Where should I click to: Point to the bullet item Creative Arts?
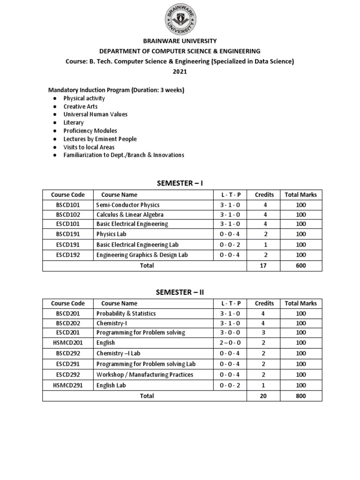(81, 106)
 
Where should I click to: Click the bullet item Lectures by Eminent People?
(100, 139)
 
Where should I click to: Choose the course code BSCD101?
(68, 205)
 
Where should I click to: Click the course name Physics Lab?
(112, 234)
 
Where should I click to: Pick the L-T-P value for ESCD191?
(230, 245)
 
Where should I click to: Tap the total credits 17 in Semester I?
(264, 266)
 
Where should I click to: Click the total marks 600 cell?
(301, 266)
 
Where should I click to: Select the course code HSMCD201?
(68, 343)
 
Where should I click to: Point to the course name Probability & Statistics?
(126, 314)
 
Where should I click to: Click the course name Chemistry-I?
(111, 323)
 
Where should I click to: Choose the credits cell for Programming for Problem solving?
(264, 333)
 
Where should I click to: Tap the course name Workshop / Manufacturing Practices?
(144, 375)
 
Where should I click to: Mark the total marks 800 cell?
(301, 396)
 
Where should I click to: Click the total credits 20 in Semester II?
(264, 396)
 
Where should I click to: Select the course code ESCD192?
(68, 255)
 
